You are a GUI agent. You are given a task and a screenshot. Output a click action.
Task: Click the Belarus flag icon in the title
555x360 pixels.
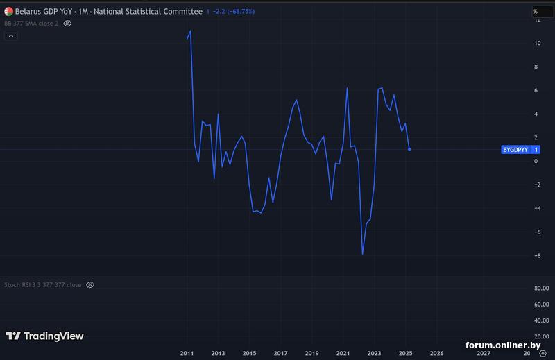pos(8,12)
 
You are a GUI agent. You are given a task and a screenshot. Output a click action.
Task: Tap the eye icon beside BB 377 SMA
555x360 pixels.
pos(67,23)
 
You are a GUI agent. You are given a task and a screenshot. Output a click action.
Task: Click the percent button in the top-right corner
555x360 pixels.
pos(536,12)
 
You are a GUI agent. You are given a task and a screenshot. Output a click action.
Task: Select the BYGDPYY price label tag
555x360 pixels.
pos(514,150)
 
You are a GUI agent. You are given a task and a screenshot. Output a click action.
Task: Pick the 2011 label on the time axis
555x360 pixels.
pos(187,354)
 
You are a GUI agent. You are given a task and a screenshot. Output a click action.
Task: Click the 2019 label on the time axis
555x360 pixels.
pos(311,354)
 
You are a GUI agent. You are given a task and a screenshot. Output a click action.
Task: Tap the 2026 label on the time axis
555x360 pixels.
pos(437,354)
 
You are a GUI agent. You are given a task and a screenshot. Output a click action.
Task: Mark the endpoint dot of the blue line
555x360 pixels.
pos(409,149)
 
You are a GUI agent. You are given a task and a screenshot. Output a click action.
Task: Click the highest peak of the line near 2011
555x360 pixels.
pos(190,31)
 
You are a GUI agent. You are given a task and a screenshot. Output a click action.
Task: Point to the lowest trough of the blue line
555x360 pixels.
pos(362,254)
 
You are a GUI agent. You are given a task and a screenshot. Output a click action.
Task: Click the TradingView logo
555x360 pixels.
pos(45,336)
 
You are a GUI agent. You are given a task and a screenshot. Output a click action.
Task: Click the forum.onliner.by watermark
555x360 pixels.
pos(503,345)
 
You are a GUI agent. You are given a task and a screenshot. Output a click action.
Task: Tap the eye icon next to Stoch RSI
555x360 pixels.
pos(90,285)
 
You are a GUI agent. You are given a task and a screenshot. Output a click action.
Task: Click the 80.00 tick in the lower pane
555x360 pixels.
pos(541,289)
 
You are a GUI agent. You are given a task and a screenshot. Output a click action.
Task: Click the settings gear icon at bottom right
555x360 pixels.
pos(543,354)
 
